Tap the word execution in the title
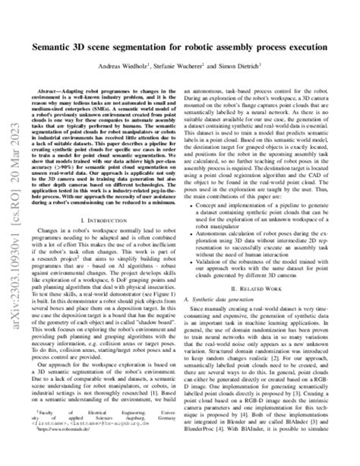(x=312, y=46)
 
